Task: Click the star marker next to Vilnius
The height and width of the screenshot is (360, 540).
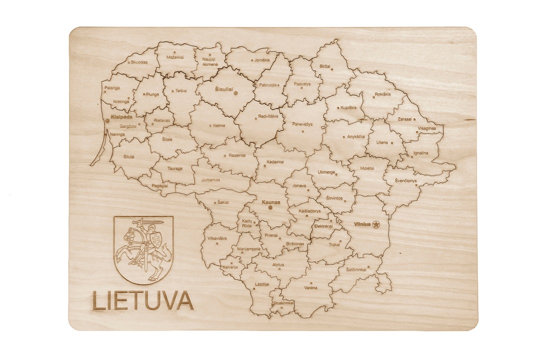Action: click(x=376, y=224)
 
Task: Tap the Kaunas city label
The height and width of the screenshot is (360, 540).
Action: click(x=270, y=202)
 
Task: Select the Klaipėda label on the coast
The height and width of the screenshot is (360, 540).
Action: click(x=121, y=117)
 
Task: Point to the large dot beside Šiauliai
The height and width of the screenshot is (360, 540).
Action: click(x=235, y=93)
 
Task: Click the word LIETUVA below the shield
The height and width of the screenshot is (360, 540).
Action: click(x=142, y=300)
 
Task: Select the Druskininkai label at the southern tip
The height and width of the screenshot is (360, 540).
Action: click(x=283, y=302)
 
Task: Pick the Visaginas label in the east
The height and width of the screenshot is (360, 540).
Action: click(x=426, y=128)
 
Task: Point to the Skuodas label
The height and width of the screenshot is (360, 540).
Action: click(x=138, y=62)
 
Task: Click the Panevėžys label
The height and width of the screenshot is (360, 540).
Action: click(x=302, y=124)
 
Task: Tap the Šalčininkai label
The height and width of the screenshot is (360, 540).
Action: click(x=356, y=269)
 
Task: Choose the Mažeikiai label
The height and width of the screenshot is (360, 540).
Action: click(x=175, y=57)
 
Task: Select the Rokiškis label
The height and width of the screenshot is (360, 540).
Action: click(x=382, y=93)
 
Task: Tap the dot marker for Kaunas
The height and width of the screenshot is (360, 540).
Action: click(x=270, y=207)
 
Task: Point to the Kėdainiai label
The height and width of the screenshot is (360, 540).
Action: click(x=275, y=161)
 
